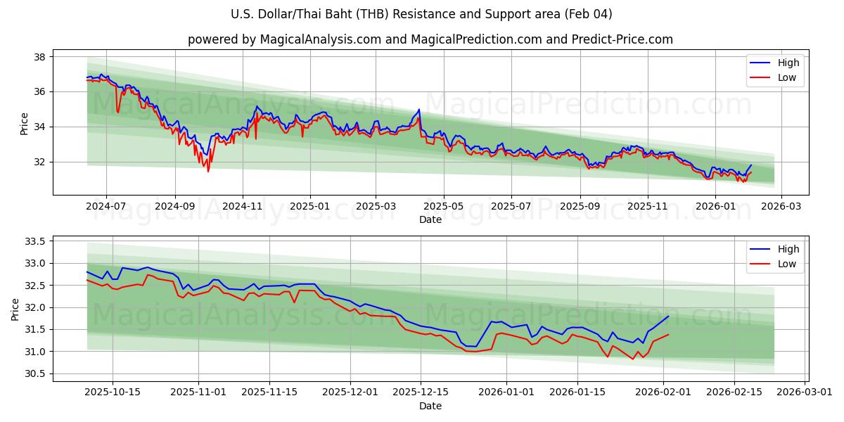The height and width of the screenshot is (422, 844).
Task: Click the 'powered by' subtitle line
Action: [430, 39]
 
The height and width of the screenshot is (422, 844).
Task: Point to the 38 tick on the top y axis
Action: [39, 57]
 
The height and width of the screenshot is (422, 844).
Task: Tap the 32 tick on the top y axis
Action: [39, 162]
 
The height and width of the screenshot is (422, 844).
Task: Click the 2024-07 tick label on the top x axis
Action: [106, 207]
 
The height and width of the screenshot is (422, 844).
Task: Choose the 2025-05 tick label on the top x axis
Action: [443, 207]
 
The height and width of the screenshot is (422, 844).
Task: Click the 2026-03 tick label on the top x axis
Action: [782, 207]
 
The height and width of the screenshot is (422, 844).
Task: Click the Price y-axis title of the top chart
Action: [25, 124]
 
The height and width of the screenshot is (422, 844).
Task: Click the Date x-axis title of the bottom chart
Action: [430, 406]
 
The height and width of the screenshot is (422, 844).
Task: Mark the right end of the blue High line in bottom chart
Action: [668, 316]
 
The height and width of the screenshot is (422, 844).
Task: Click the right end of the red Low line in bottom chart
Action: [668, 335]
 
